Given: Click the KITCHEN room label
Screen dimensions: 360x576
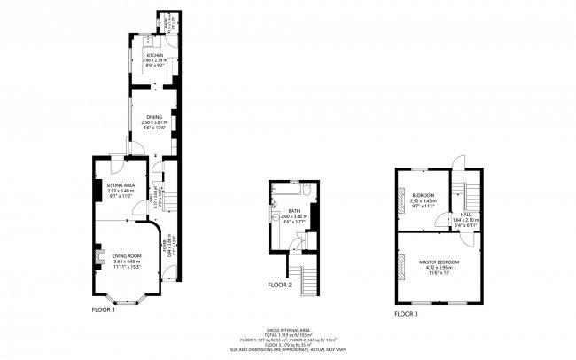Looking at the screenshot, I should [x=156, y=55].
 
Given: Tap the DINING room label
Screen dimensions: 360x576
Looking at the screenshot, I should [x=155, y=117].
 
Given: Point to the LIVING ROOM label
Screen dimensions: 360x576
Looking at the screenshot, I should [x=128, y=256].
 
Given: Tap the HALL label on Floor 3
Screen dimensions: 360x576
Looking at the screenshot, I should [x=464, y=214].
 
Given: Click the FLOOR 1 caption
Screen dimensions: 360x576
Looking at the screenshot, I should [x=104, y=309].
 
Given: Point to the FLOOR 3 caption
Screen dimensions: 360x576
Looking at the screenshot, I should [x=407, y=314].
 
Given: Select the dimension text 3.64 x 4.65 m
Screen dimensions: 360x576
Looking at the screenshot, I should [x=128, y=262].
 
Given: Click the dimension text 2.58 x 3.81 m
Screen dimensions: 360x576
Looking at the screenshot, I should [x=155, y=122].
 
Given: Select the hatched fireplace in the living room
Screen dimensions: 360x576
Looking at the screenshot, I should [x=91, y=256].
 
